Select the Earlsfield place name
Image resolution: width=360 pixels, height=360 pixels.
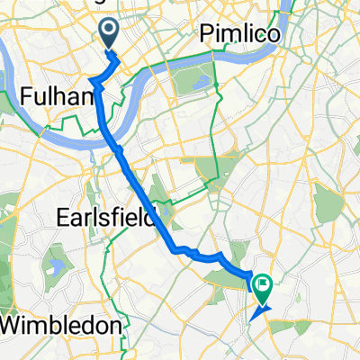coord(107,218)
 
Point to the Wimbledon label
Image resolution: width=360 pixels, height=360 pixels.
coord(61,324)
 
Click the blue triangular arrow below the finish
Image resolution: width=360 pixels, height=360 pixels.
coord(257,312)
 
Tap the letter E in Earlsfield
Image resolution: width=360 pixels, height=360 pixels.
coord(63,218)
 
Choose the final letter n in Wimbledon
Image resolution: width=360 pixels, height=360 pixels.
coord(114,324)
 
